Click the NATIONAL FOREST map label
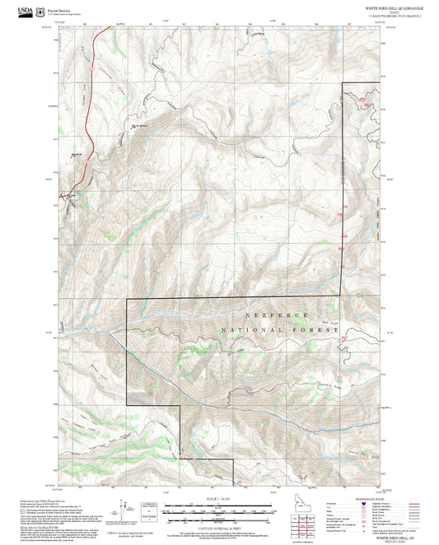280,330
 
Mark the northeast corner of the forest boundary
342,85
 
